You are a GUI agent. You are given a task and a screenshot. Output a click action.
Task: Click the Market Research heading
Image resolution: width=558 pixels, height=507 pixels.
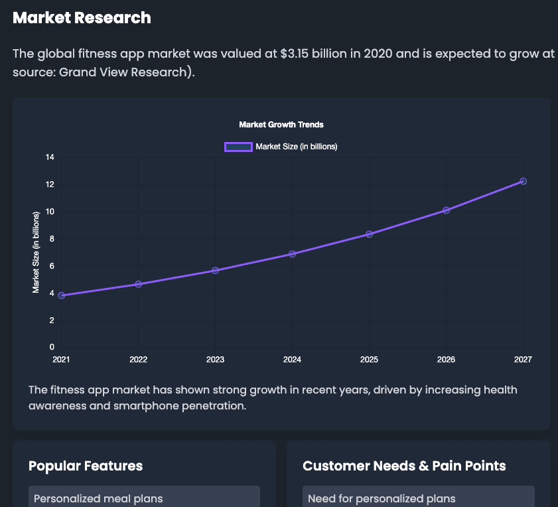pos(82,18)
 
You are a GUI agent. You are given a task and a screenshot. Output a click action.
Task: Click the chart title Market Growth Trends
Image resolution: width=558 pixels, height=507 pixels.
pos(281,125)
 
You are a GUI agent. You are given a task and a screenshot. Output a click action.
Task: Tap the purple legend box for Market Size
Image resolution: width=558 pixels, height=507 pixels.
pos(238,147)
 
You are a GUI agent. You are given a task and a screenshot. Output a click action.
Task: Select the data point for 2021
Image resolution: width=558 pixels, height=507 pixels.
pos(62,295)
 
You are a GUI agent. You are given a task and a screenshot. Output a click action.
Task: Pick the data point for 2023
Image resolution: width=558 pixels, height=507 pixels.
pos(215,270)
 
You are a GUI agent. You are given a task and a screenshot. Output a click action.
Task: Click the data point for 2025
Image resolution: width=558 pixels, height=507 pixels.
pos(369,234)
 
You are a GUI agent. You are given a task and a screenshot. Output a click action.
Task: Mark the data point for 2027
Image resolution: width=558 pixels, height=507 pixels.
pos(523,181)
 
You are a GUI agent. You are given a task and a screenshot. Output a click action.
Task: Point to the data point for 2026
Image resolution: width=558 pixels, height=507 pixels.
pos(446,210)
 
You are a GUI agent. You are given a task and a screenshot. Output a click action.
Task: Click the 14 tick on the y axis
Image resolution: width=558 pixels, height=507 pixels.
pos(50,157)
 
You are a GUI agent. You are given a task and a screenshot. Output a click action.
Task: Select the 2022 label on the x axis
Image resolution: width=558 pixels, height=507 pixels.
pos(138,360)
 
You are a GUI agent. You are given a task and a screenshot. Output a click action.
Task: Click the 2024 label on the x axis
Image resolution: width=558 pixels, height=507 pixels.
pos(292,360)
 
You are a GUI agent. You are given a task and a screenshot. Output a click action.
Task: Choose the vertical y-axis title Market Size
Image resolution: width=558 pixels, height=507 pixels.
pos(36,252)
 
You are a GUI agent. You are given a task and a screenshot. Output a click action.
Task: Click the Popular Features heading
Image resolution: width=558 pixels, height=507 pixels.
pos(86,466)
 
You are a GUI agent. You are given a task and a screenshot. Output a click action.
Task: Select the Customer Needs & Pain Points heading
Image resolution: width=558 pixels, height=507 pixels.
pos(404,466)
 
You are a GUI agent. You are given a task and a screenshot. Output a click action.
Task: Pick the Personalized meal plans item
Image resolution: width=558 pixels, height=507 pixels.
pos(98,498)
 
